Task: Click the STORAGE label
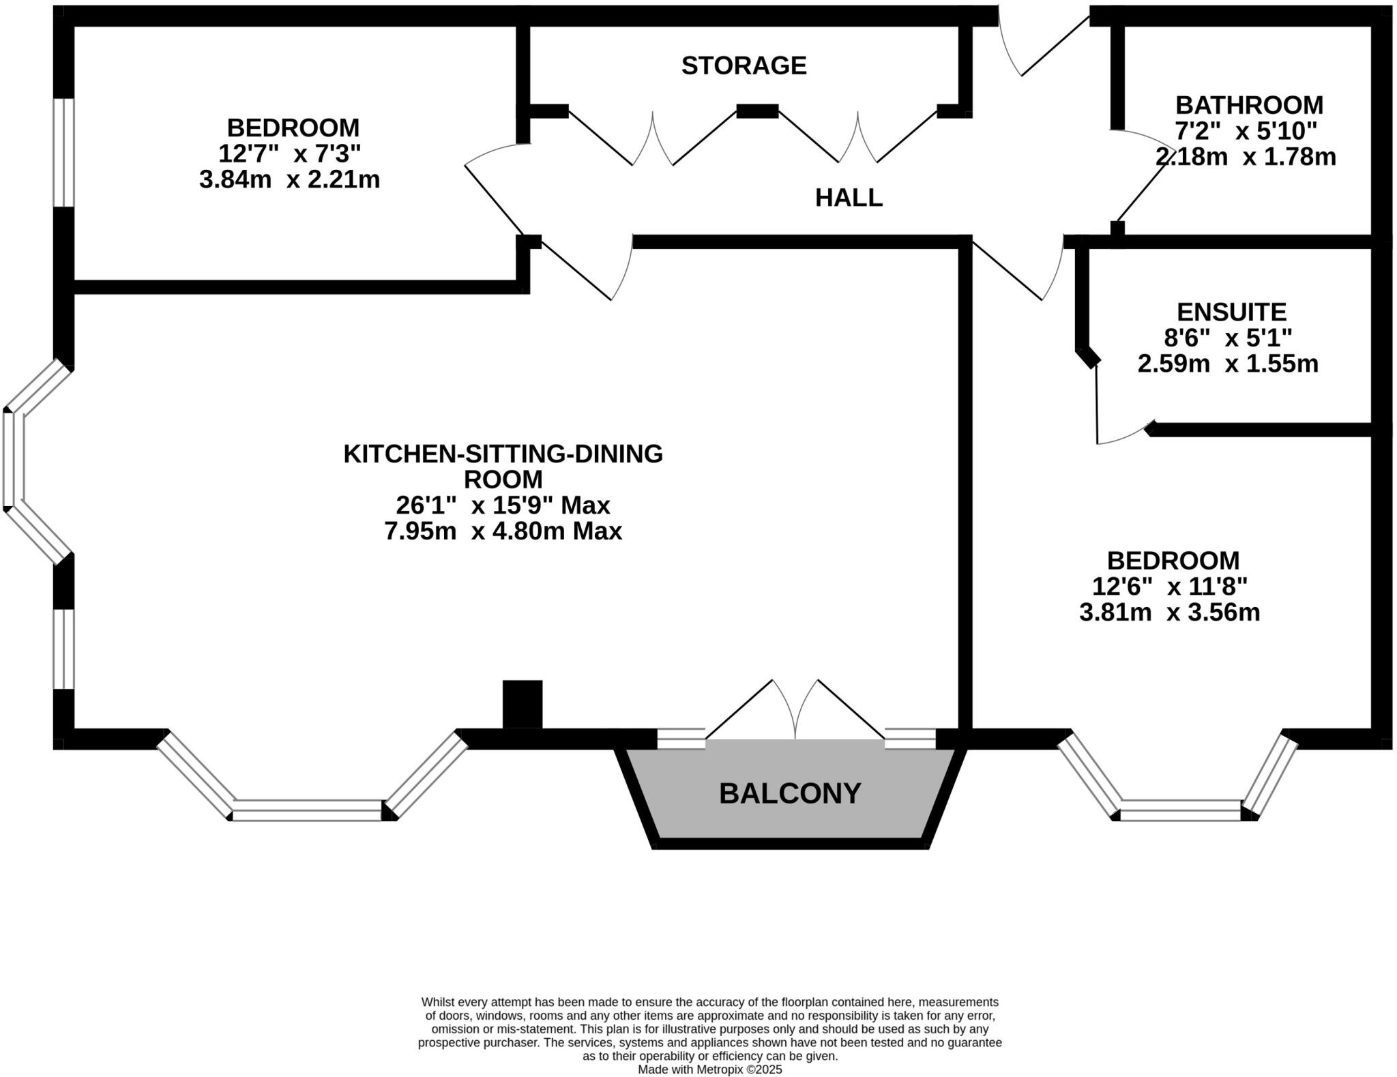[744, 65]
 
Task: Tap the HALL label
[849, 198]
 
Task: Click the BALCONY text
[790, 793]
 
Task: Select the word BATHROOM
[1249, 105]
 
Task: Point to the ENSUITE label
[1231, 312]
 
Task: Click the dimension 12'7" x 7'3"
[289, 154]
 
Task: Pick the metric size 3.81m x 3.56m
[1169, 613]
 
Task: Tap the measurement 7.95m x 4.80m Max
[503, 531]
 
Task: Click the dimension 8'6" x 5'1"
[1228, 338]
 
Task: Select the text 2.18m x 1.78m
[1245, 158]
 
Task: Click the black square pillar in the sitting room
[523, 704]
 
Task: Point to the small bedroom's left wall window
[63, 152]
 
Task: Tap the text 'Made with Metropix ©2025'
[709, 1069]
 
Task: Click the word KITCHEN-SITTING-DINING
[503, 454]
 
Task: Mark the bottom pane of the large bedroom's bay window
[1180, 810]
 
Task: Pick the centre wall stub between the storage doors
[757, 111]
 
